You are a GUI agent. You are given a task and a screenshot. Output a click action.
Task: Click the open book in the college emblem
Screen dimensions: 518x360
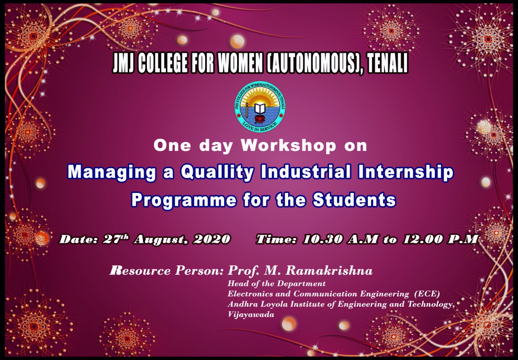point(260,108)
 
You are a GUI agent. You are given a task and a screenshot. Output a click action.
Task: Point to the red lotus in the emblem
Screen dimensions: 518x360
point(260,119)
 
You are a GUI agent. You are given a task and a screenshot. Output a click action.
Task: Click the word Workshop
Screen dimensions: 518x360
point(288,146)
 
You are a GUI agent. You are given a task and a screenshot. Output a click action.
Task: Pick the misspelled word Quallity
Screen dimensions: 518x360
point(217,173)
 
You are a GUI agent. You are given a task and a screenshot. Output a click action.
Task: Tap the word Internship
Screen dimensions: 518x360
point(405,173)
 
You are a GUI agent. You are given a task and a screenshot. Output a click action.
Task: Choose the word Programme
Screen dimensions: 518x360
point(184,200)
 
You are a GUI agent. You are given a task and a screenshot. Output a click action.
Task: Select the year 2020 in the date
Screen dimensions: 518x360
point(212,239)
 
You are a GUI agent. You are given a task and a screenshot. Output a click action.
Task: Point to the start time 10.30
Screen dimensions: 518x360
point(323,239)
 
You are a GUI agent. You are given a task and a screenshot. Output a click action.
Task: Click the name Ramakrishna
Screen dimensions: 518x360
point(329,270)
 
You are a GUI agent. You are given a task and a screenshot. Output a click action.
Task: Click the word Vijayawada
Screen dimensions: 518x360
point(251,315)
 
